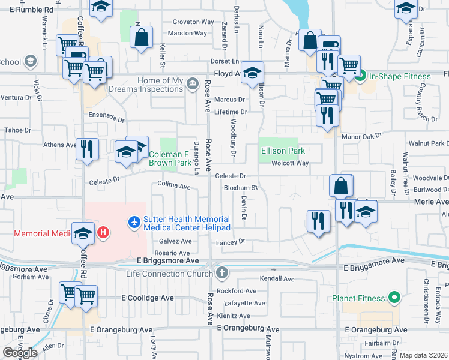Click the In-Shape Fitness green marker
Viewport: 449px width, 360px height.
click(360, 76)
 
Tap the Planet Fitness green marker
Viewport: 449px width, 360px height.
click(394, 297)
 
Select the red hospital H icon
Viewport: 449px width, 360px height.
click(103, 232)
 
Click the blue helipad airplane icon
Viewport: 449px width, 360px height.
click(134, 223)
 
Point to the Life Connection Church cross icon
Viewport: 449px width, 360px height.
click(222, 273)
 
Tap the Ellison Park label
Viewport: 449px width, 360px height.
click(283, 151)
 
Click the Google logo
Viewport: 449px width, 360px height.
click(20, 353)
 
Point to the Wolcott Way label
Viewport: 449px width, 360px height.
click(290, 163)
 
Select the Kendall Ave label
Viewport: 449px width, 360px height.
click(277, 279)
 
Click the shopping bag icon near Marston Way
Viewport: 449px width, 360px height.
click(141, 37)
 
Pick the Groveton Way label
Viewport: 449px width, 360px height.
click(193, 22)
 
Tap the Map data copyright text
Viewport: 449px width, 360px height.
click(424, 355)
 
